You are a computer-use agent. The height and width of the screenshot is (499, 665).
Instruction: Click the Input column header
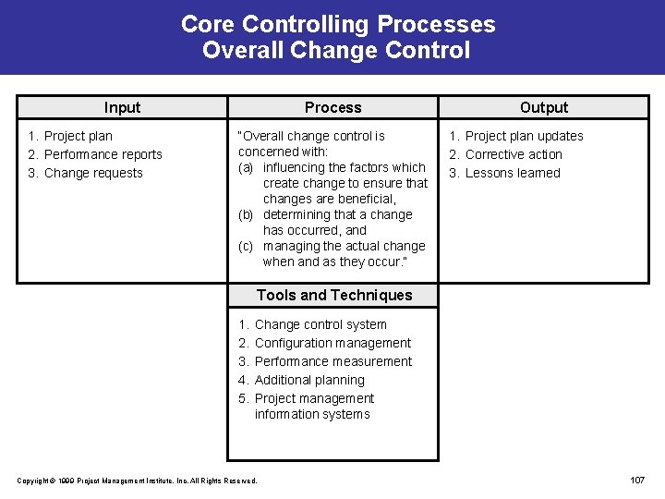122,107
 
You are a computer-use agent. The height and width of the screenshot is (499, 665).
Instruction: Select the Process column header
332,107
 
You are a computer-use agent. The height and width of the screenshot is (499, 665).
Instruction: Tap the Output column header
544,107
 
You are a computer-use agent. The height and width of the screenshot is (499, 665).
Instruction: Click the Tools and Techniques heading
333,295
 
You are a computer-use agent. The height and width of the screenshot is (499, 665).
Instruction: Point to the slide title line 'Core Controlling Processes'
337,24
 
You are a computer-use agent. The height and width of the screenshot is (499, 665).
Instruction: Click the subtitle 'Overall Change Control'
336,50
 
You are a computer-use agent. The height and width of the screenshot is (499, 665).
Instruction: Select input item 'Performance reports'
103,154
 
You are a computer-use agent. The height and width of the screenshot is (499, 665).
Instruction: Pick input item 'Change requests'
93,173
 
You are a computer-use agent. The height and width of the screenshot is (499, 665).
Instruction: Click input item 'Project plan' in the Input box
79,136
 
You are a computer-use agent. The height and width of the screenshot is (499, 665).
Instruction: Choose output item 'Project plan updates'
524,136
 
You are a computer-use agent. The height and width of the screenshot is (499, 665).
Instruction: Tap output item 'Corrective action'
514,154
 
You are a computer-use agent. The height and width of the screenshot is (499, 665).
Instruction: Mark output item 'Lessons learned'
513,173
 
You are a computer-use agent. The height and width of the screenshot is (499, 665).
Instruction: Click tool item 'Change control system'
320,324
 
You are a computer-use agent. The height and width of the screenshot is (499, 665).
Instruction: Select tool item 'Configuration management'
332,343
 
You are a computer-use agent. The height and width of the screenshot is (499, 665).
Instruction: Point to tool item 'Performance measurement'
333,361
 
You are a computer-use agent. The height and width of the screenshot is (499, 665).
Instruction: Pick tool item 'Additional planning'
309,380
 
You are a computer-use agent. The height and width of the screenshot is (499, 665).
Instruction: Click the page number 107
636,480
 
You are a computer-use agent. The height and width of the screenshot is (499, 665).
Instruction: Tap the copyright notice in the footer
138,481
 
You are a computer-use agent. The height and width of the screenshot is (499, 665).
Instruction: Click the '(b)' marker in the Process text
246,214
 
